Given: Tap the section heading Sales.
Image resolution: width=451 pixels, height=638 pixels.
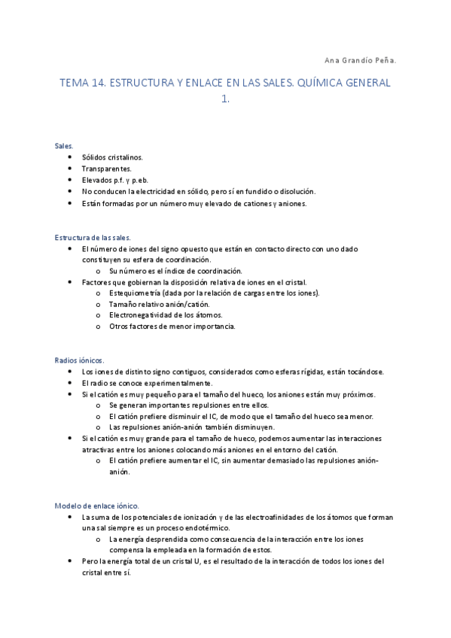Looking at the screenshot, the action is (64, 145).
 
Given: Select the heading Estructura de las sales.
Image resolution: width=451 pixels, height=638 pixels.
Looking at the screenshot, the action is (93, 237).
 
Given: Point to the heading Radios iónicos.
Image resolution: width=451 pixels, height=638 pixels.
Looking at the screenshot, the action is (80, 360).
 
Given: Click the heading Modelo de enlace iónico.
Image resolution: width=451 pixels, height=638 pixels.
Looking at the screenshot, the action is (97, 506).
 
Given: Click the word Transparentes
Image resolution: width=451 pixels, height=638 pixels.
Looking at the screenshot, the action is (107, 169).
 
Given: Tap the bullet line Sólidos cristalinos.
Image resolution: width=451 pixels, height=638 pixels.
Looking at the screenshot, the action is (112, 157).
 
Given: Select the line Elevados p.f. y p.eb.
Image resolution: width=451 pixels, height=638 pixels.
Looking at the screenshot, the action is (115, 181).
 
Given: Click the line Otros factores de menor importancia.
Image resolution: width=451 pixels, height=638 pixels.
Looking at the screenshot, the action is (172, 326).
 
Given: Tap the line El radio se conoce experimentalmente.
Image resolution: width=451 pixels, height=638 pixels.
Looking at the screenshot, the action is (148, 383).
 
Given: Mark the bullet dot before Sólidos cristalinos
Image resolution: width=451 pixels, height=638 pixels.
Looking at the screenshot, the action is (70, 157).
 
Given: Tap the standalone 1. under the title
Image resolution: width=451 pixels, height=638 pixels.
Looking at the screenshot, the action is (225, 99).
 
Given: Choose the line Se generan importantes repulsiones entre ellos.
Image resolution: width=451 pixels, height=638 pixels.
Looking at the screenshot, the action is (184, 405).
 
